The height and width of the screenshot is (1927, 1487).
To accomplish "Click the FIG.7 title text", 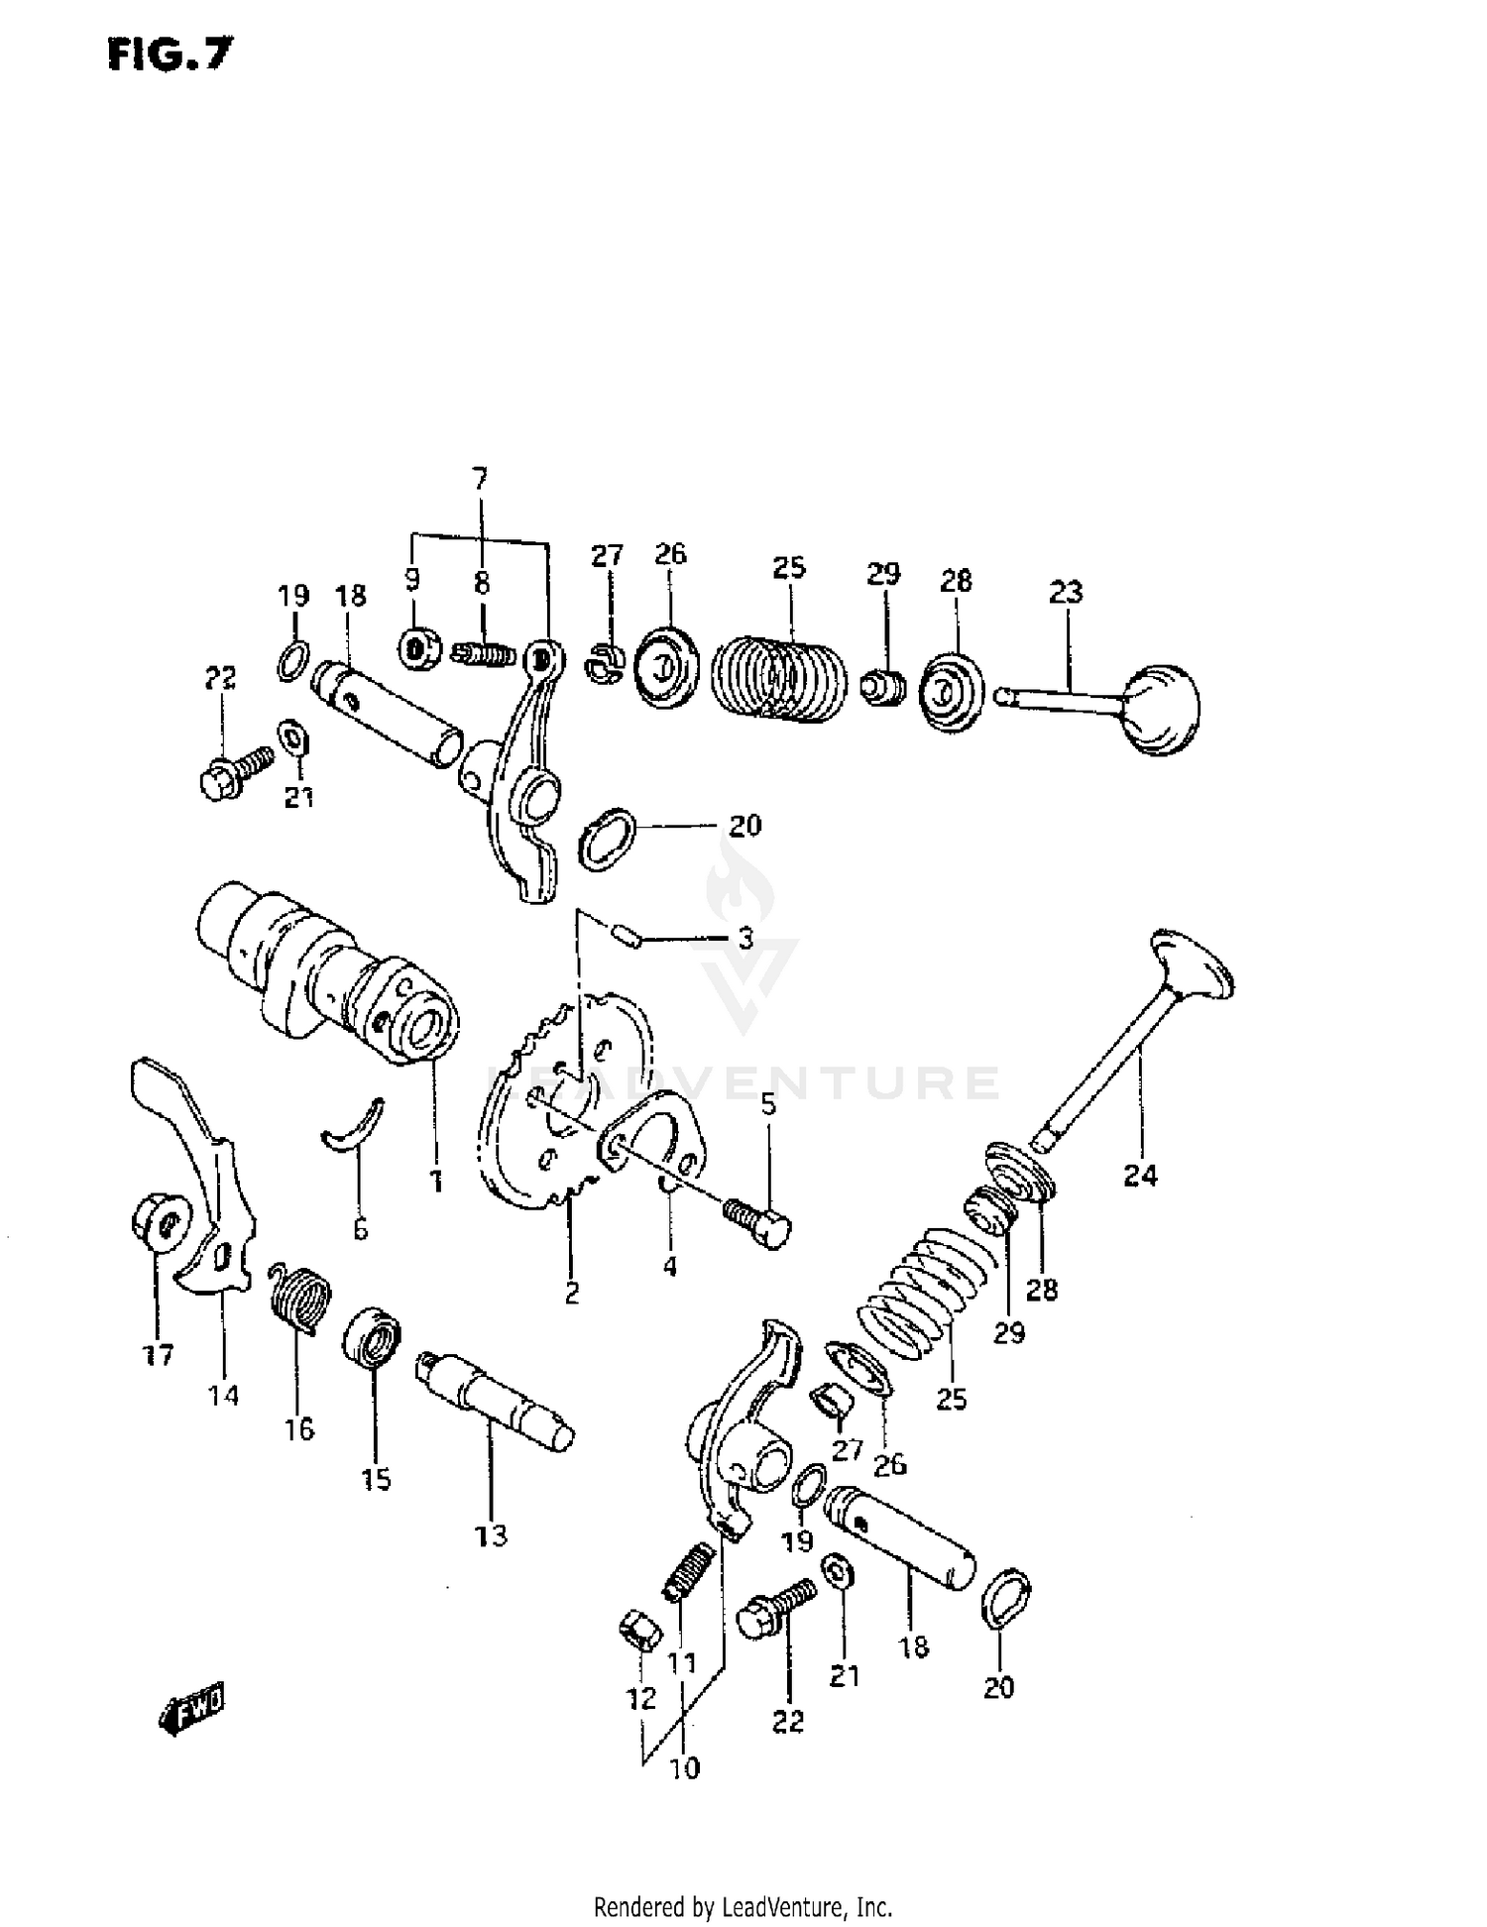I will click(x=170, y=56).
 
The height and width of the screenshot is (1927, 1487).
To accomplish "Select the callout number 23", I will click(x=1066, y=592).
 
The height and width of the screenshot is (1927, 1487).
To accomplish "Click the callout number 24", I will click(x=1140, y=1176).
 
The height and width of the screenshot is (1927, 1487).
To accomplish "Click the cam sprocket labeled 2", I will click(x=565, y=1100).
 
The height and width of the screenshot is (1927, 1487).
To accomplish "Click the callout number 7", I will click(x=480, y=480).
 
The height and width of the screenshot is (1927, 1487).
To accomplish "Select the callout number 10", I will click(x=685, y=1767).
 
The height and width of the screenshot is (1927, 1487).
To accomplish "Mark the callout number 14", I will click(x=223, y=1395).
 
